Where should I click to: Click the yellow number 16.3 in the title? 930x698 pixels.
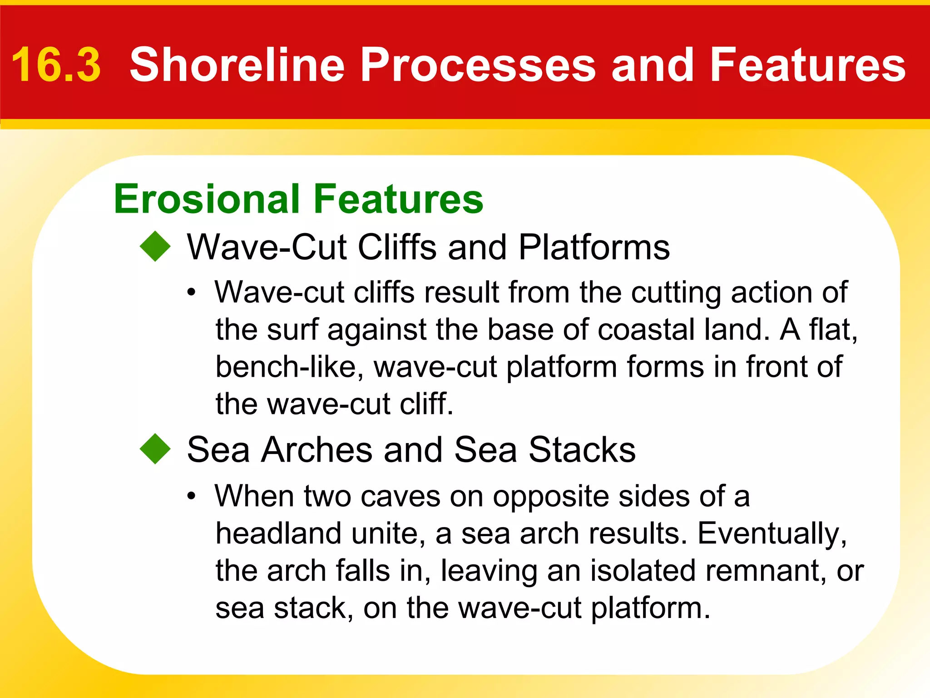point(56,65)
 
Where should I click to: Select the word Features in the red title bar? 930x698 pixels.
point(807,65)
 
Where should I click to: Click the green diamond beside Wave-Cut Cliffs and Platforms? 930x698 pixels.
point(155,246)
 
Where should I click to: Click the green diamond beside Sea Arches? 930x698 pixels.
point(155,449)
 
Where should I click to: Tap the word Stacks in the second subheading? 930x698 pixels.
point(582,450)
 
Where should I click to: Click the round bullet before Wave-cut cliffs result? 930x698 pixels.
point(192,293)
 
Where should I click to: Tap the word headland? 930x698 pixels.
point(278,533)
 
